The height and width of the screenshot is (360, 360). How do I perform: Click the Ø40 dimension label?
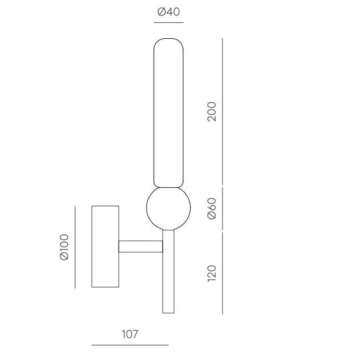pos(169,12)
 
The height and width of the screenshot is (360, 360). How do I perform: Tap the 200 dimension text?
pos(212,112)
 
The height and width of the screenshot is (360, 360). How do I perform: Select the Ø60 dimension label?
pos(212,208)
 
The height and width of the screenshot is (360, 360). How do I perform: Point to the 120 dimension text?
pos(212,273)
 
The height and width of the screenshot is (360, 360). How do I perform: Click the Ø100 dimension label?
pos(64,247)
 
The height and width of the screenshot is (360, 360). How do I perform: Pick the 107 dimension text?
pos(130,334)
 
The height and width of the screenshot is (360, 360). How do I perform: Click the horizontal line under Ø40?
pos(168,22)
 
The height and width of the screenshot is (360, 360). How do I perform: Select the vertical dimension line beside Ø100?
pos(75,247)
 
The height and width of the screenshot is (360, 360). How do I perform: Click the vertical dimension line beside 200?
pos(223,111)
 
